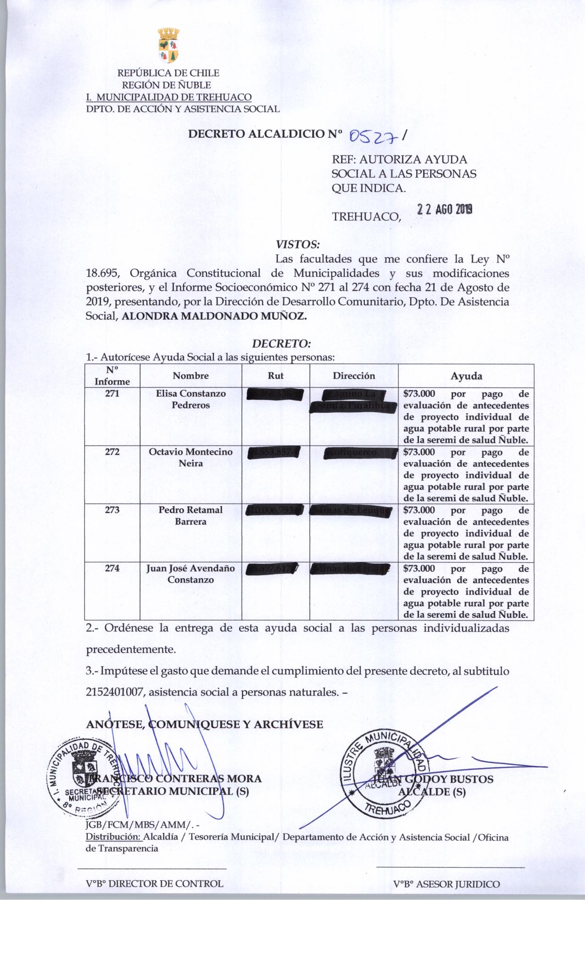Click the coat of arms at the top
[168, 46]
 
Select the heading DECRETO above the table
[282, 343]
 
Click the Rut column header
[275, 376]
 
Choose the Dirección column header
[354, 376]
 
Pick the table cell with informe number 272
[112, 452]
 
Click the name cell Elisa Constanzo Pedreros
[191, 399]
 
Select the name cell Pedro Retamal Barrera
[191, 516]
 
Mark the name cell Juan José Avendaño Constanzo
[191, 574]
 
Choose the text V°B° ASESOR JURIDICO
[446, 884]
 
